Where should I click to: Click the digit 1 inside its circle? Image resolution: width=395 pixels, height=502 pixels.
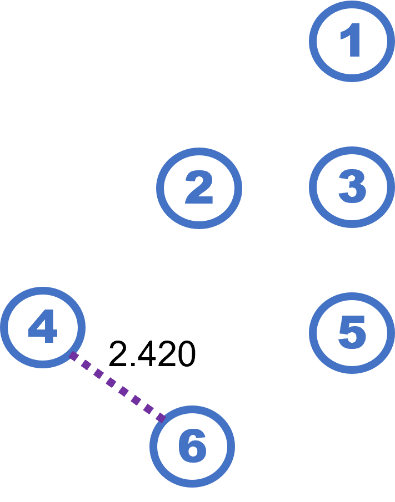tap(352, 42)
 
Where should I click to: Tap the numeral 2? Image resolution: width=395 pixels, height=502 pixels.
tap(199, 188)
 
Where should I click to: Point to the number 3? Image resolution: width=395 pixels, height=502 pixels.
tap(352, 187)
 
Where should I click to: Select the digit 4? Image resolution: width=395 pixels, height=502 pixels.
tap(43, 327)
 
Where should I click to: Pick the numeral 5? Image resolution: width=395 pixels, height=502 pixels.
tap(352, 333)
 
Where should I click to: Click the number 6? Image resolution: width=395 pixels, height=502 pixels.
tap(192, 447)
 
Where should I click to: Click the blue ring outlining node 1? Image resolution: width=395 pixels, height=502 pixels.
tap(312, 42)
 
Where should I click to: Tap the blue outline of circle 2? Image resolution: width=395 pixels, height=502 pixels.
tap(159, 188)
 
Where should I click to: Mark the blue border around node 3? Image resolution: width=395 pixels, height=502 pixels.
tap(312, 187)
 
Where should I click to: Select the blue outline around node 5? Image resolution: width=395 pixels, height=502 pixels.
tap(312, 333)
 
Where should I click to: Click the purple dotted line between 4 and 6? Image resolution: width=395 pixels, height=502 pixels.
tap(117, 387)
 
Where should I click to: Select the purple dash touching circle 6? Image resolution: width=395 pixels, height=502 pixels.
tap(161, 417)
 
